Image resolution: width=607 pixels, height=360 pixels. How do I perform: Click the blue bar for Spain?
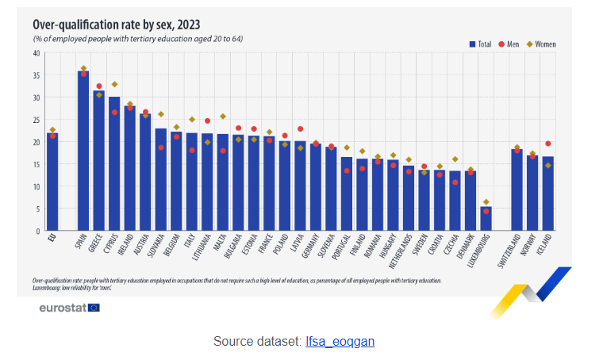click(83, 151)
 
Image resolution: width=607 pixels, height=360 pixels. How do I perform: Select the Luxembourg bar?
click(486, 219)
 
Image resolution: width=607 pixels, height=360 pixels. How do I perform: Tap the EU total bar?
click(52, 182)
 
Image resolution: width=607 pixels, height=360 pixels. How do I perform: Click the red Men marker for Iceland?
click(548, 144)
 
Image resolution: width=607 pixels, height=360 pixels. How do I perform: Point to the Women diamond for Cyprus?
click(114, 84)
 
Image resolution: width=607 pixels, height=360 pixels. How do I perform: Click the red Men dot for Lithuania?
click(207, 121)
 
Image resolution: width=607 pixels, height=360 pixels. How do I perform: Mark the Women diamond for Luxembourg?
click(486, 202)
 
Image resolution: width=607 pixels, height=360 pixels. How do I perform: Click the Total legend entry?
click(481, 44)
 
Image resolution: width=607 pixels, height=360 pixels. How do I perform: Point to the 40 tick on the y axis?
click(36, 53)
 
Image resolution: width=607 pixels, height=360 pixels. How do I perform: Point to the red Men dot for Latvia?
click(300, 128)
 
